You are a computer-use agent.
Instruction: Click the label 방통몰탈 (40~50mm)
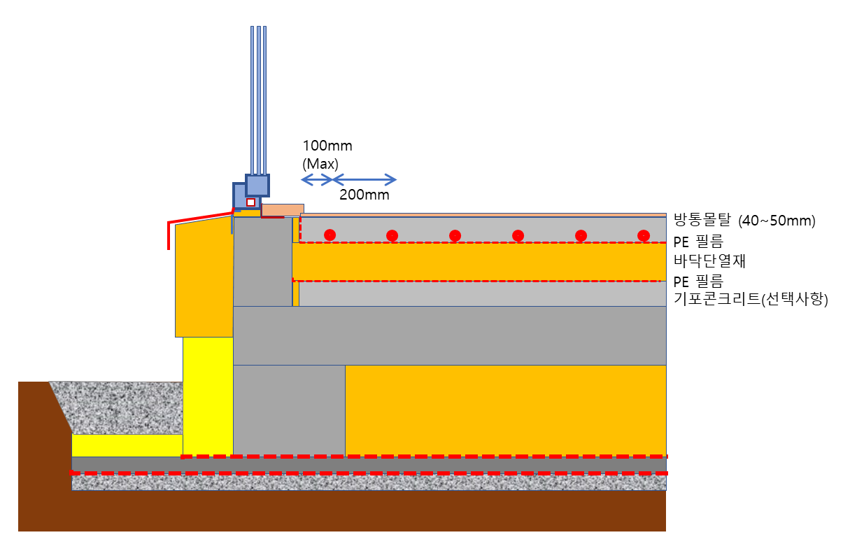click(x=744, y=221)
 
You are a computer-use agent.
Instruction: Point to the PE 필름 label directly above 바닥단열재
click(x=698, y=242)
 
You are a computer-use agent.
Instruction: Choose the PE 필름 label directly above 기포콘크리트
click(x=698, y=281)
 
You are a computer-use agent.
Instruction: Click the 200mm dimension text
click(x=364, y=195)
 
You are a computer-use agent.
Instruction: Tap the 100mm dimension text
click(x=327, y=146)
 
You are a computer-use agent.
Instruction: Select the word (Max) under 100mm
click(x=320, y=164)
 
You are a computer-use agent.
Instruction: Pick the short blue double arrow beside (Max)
click(x=316, y=179)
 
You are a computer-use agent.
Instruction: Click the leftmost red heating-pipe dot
click(x=330, y=235)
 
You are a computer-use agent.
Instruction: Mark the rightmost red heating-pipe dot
click(x=644, y=235)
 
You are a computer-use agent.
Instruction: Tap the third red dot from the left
click(x=455, y=235)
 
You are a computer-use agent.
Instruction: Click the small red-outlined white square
click(x=250, y=202)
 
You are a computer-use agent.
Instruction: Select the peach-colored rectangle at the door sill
click(x=283, y=209)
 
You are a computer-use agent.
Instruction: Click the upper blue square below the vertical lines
click(x=257, y=186)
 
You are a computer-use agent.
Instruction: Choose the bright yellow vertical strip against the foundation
click(x=207, y=396)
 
